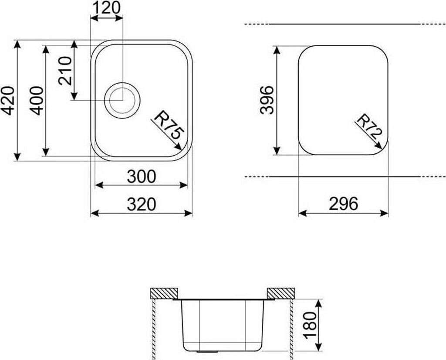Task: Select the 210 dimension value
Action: tap(65, 71)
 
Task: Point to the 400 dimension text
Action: tap(37, 101)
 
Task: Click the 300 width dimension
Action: tap(142, 177)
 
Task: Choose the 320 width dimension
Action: tap(142, 204)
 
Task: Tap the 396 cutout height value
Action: tap(267, 100)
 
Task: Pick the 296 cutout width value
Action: tap(343, 204)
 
